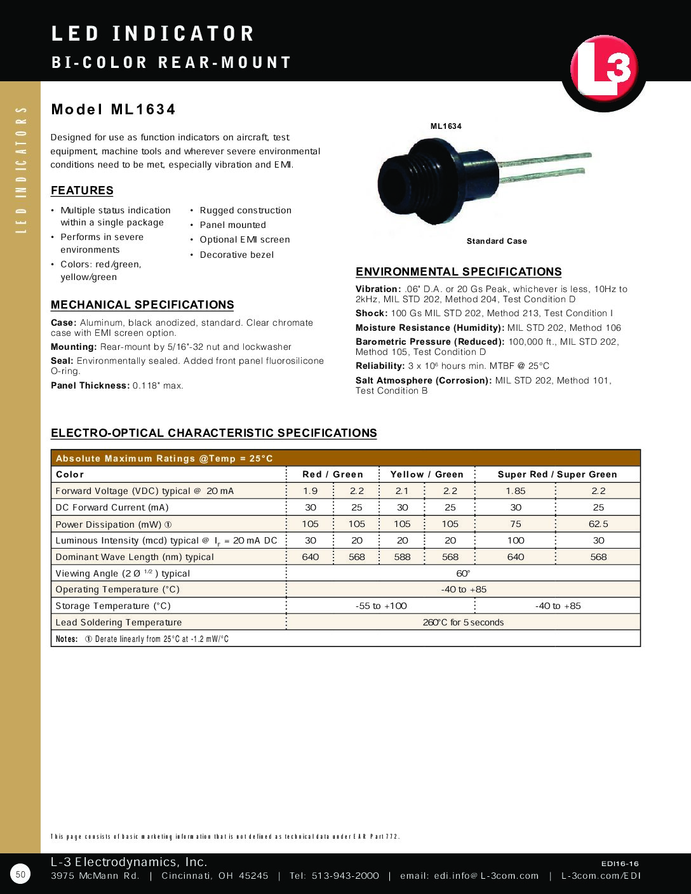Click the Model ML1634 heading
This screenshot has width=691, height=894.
click(113, 109)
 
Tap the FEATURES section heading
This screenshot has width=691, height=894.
click(82, 190)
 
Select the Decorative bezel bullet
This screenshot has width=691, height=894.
click(236, 255)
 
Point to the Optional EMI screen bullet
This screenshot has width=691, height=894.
click(245, 239)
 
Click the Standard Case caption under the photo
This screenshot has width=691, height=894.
click(497, 241)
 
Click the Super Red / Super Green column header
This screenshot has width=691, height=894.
click(557, 474)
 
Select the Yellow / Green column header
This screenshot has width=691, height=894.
click(427, 474)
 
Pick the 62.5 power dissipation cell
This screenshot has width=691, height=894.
click(598, 524)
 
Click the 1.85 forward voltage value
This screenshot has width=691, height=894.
click(516, 491)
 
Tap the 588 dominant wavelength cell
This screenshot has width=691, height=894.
click(403, 557)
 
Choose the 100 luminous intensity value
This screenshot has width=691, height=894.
click(516, 540)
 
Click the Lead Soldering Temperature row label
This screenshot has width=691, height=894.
click(119, 622)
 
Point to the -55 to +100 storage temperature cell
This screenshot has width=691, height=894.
click(381, 606)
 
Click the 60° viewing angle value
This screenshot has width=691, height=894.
click(463, 573)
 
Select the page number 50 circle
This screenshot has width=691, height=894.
click(20, 874)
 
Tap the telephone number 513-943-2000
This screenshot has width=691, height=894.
click(345, 876)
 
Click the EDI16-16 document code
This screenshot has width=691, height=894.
click(620, 864)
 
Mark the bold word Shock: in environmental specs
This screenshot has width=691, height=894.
click(372, 313)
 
